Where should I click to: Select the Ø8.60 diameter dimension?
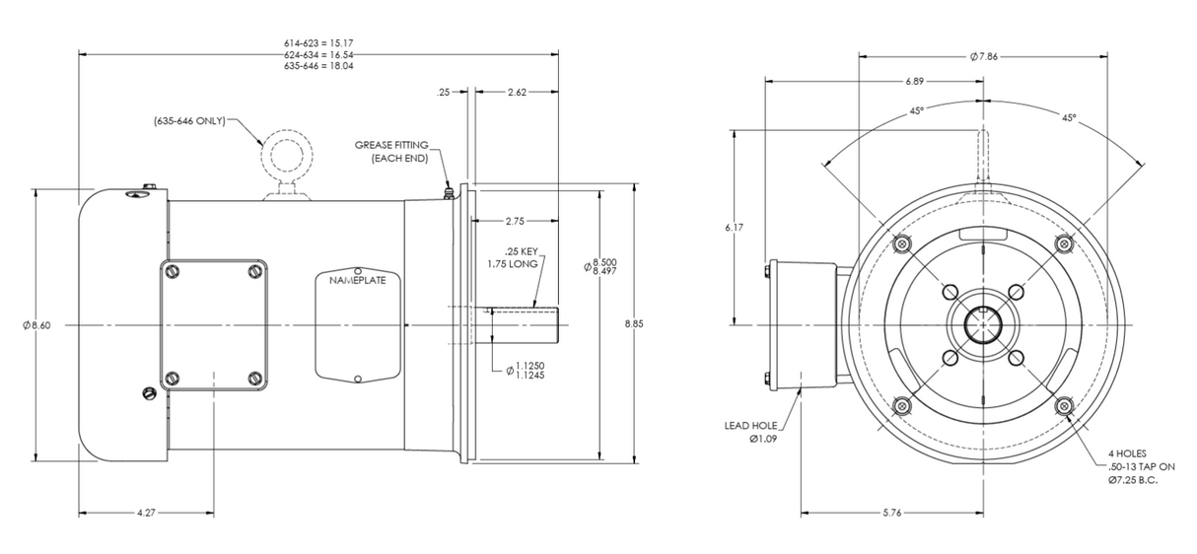[35, 325]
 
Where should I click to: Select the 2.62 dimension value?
[518, 92]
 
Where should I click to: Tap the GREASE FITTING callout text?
[391, 152]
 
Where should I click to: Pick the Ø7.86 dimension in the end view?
[984, 56]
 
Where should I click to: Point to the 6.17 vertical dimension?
[734, 228]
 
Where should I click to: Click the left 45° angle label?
[917, 111]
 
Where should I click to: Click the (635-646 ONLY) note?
[188, 120]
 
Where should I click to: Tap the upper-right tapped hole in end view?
[1063, 243]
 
